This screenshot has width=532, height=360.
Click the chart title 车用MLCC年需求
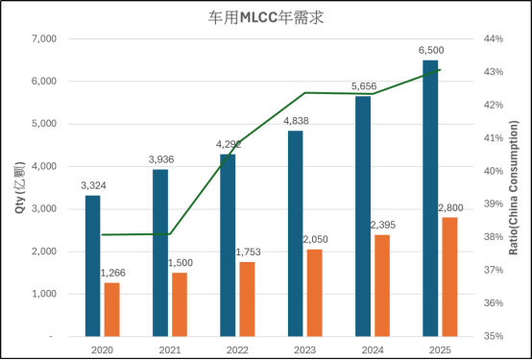click(265, 16)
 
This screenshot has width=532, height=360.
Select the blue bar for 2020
click(92, 266)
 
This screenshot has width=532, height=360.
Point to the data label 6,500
click(431, 50)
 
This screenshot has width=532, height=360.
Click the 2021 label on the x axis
click(169, 349)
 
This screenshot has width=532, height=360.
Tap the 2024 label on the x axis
click(373, 349)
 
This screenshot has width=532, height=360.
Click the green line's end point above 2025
click(440, 69)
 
